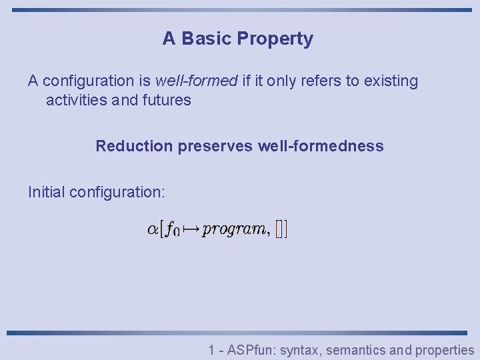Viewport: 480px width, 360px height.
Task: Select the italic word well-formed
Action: tap(196, 81)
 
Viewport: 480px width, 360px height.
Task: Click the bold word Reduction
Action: tap(133, 146)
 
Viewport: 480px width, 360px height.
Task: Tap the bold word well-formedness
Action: tap(320, 146)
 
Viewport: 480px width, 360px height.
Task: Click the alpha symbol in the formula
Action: tap(153, 230)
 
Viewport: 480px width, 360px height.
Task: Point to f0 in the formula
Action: tap(173, 231)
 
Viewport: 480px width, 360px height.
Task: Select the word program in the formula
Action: tap(234, 230)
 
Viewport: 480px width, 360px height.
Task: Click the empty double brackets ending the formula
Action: tap(281, 230)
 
